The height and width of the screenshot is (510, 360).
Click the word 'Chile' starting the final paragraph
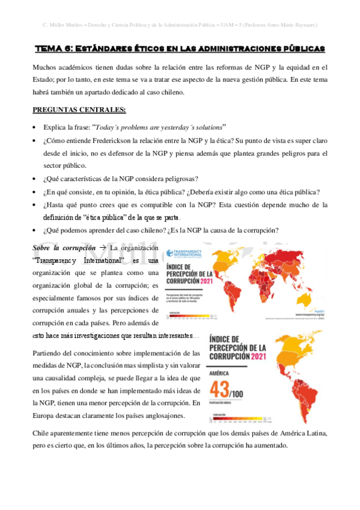coord(42,433)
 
